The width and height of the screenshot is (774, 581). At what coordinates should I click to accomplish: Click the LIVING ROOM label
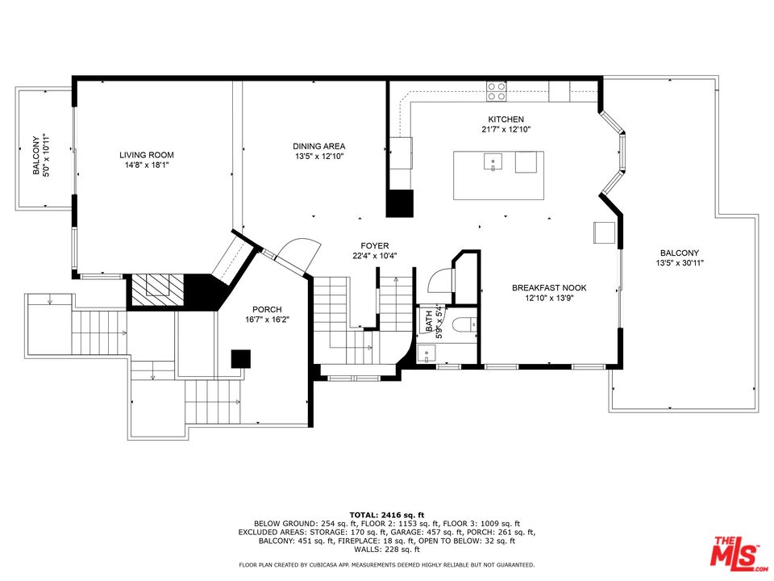(147, 155)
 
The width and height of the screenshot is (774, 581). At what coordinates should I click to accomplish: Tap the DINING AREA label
(319, 146)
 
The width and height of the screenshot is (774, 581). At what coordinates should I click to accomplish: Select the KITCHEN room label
(506, 119)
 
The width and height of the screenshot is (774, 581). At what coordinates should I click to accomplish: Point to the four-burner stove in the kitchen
(497, 91)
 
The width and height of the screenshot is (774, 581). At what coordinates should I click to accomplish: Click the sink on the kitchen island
(493, 161)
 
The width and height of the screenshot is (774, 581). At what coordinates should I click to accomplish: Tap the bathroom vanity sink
(426, 354)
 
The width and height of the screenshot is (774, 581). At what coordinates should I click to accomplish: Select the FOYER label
(375, 245)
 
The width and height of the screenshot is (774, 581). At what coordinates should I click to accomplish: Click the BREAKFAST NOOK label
(549, 287)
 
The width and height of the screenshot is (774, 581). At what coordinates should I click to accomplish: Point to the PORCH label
(267, 310)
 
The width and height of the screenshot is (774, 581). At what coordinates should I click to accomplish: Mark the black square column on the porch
(241, 358)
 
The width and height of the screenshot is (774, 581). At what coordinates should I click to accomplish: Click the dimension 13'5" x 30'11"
(680, 263)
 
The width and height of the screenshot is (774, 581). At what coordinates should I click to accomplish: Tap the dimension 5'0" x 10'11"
(46, 155)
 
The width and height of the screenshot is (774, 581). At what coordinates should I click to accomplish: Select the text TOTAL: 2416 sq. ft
(386, 515)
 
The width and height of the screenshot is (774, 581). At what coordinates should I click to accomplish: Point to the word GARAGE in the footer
(406, 533)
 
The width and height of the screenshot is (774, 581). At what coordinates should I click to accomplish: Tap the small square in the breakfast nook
(604, 232)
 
